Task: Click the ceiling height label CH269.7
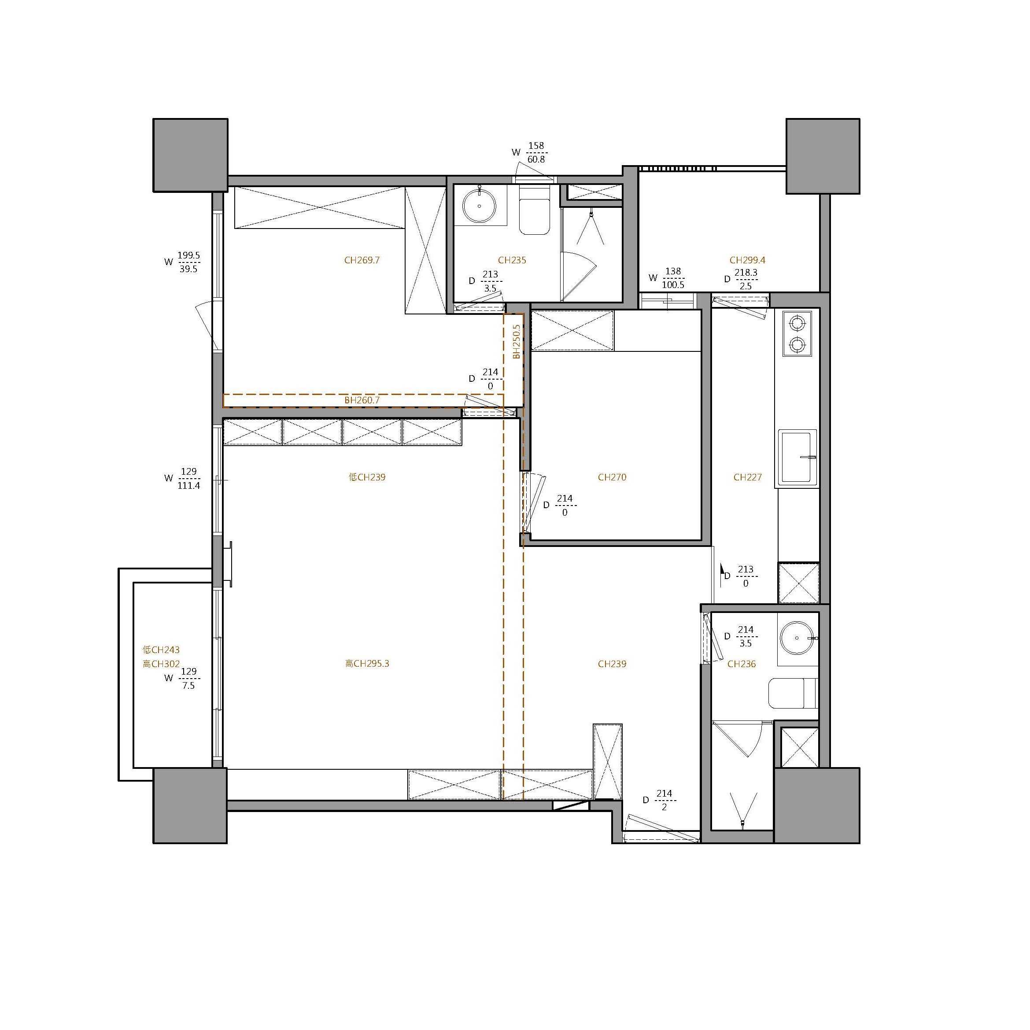tap(362, 260)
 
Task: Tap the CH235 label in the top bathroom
tap(512, 260)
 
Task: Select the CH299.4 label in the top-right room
tap(747, 260)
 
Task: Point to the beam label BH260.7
tap(362, 400)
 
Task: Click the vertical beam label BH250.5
tap(516, 341)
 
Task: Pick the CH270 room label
tap(612, 477)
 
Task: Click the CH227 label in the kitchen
tap(747, 477)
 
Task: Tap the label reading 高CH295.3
tap(367, 664)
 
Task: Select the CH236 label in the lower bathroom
tap(742, 664)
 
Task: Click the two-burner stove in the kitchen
tap(797, 334)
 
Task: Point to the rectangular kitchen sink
tap(797, 458)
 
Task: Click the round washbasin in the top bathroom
tap(479, 205)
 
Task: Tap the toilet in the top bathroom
tap(534, 210)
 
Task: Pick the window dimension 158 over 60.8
tap(536, 152)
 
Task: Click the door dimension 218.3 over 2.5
tap(746, 279)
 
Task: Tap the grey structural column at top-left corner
tap(190, 155)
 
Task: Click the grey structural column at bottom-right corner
tap(817, 805)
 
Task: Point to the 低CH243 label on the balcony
tap(161, 650)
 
